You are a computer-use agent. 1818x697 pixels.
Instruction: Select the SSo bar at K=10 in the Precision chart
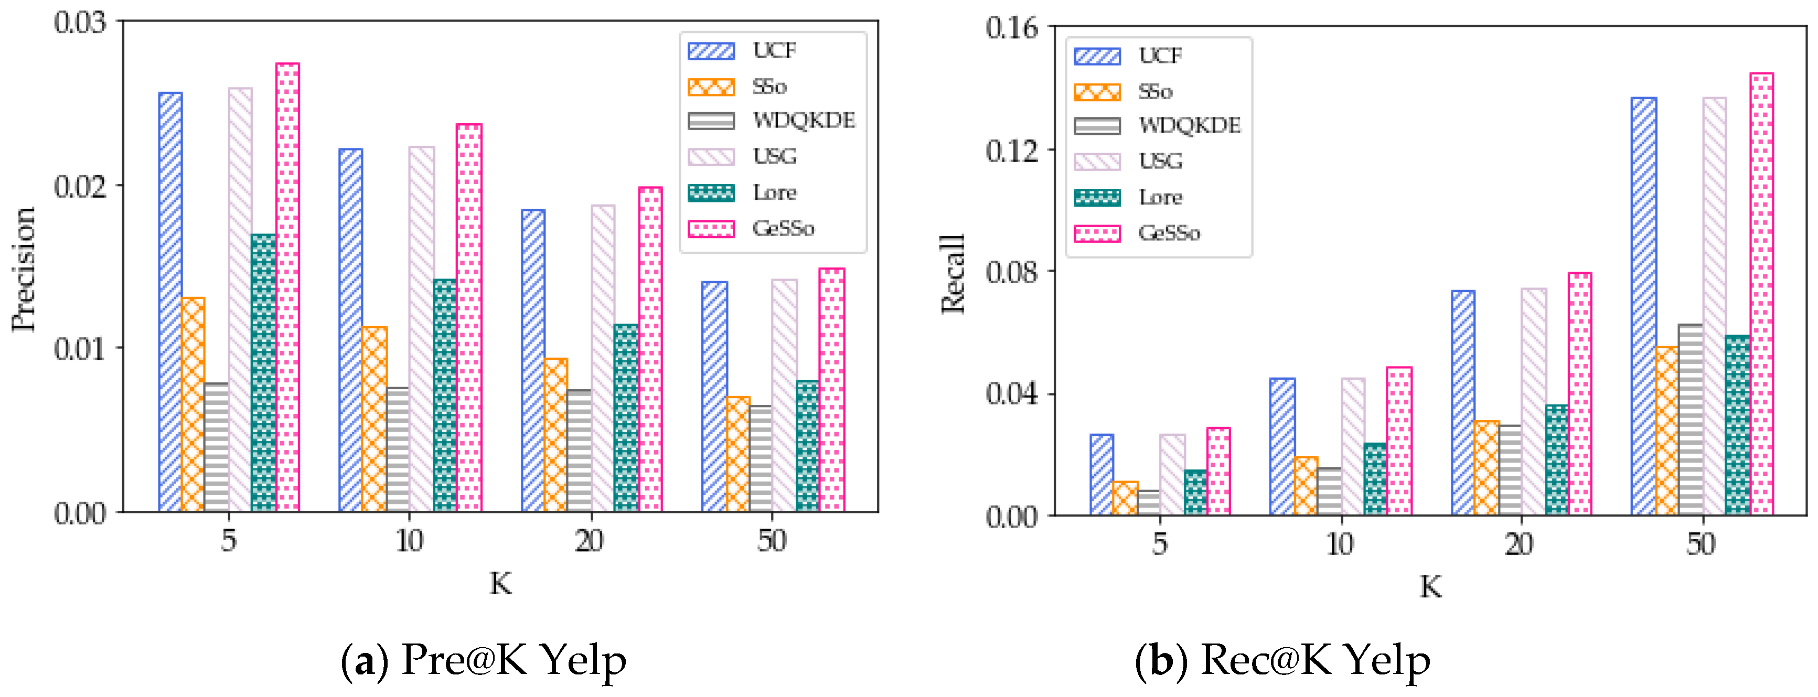click(374, 419)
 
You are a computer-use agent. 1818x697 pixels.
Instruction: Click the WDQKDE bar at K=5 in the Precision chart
click(216, 447)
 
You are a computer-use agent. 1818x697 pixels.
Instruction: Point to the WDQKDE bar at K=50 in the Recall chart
click(1690, 419)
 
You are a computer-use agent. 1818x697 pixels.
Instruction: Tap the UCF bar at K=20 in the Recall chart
click(1463, 402)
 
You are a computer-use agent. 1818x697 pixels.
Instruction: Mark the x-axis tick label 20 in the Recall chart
click(1519, 544)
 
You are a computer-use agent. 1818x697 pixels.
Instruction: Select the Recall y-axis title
click(953, 274)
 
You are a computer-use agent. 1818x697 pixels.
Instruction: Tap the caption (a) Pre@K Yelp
click(484, 660)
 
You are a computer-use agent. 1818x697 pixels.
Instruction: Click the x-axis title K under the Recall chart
click(1430, 586)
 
